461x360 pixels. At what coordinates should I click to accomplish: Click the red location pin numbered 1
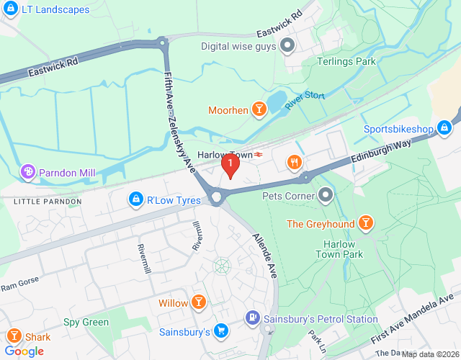click(229, 165)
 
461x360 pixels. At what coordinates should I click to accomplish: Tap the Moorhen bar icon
click(259, 110)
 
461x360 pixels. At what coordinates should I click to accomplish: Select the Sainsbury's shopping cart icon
click(222, 332)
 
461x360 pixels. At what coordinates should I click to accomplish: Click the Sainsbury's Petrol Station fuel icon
click(253, 317)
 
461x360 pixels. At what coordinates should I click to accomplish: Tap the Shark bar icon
click(14, 336)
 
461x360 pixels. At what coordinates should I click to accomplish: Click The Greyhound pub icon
click(366, 223)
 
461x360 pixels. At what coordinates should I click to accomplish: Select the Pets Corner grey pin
click(326, 195)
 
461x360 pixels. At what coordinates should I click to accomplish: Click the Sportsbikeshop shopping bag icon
click(444, 129)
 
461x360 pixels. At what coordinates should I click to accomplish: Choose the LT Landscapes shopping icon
click(10, 9)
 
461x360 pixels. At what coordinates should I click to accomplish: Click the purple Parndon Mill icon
click(28, 172)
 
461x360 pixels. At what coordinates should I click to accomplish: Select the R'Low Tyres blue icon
click(135, 198)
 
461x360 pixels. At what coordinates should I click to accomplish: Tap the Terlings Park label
click(346, 62)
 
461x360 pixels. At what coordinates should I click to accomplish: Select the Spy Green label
click(86, 323)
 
